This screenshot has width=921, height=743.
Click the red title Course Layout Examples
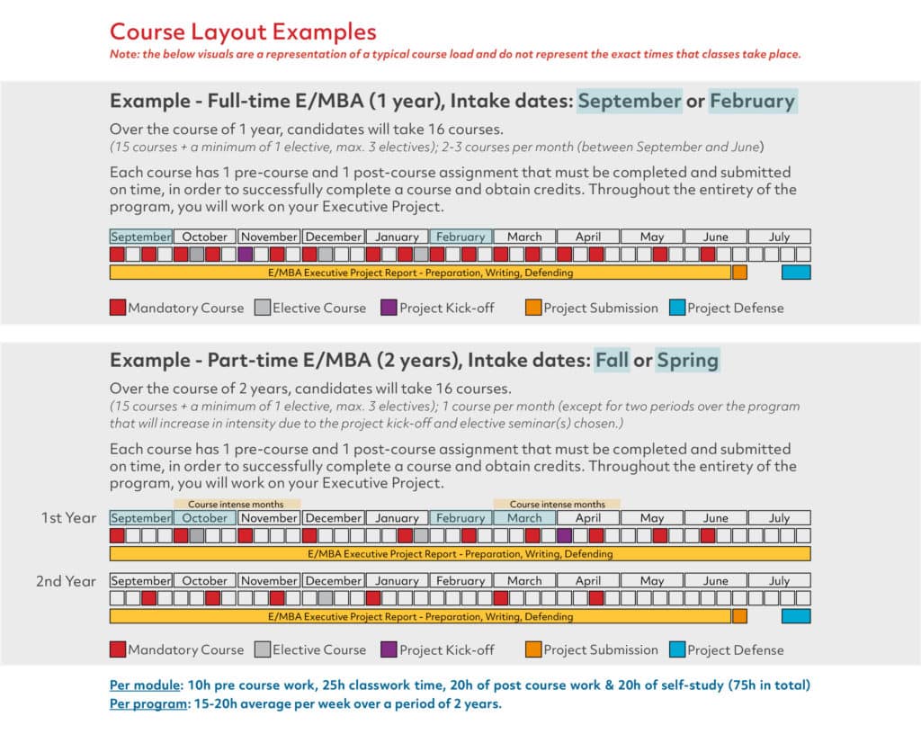(x=243, y=31)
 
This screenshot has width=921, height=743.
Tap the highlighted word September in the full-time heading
(x=629, y=101)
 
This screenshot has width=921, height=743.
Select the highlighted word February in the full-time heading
(x=752, y=101)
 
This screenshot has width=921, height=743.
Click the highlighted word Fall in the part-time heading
(x=612, y=361)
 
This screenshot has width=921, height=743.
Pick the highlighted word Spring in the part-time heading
(x=687, y=361)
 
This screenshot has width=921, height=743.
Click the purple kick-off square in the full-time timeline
(x=245, y=255)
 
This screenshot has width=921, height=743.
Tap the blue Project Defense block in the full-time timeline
(x=795, y=273)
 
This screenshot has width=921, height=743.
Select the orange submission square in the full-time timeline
(x=739, y=273)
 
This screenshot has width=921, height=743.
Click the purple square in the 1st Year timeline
(x=564, y=535)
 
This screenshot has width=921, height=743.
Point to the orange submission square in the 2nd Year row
(x=739, y=616)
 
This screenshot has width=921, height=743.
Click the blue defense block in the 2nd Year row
(x=795, y=616)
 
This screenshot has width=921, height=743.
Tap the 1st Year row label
(x=68, y=518)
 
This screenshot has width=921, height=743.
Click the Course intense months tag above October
(x=236, y=505)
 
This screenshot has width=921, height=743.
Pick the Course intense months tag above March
(x=557, y=505)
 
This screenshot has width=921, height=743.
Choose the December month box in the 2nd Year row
(x=333, y=581)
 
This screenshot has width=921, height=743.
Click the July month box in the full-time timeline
(x=779, y=237)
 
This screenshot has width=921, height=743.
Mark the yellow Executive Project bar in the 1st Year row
(x=460, y=554)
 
